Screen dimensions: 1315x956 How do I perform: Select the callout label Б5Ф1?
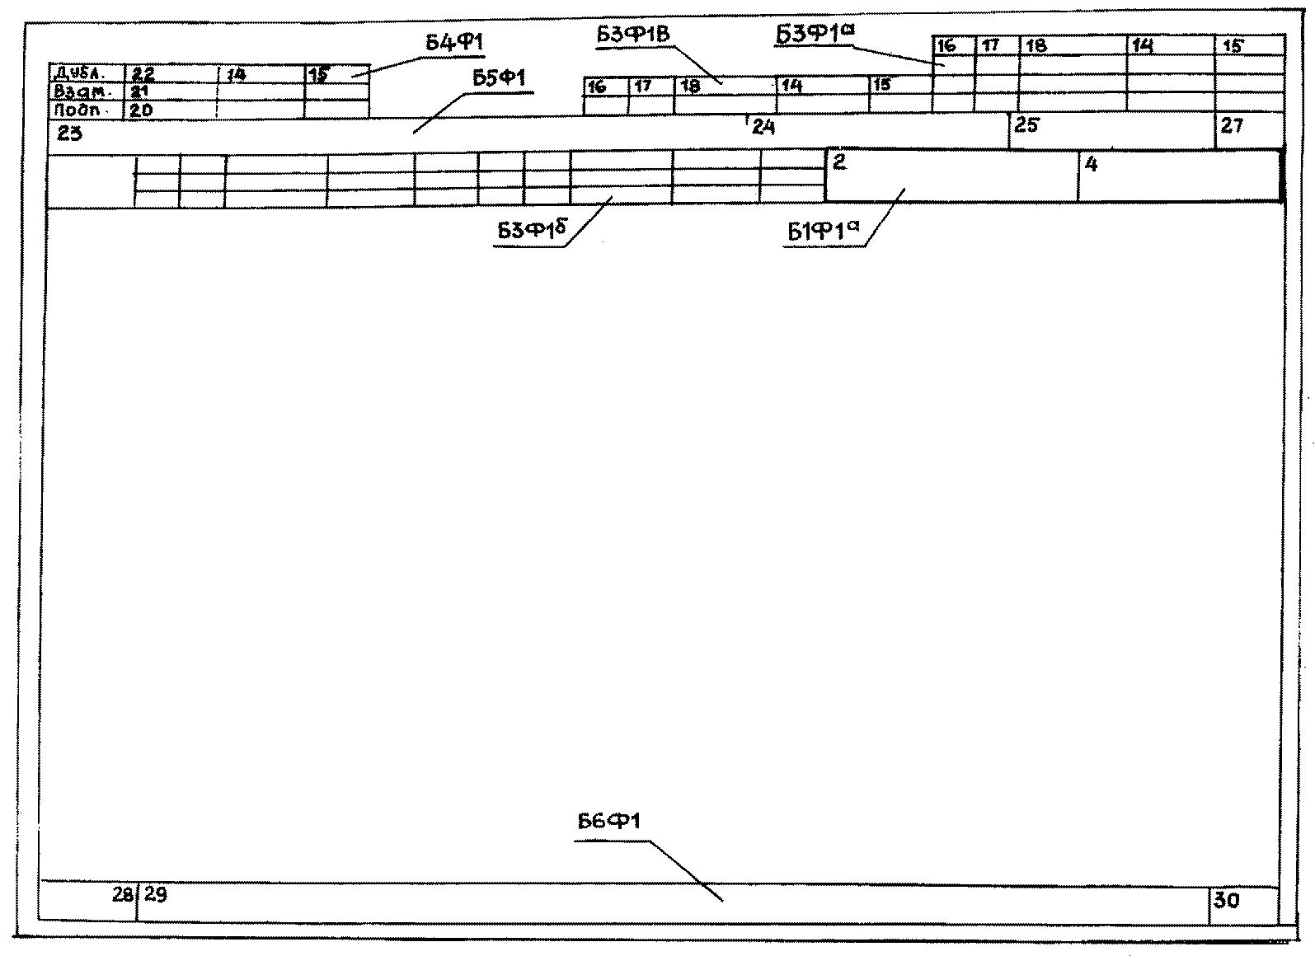499,78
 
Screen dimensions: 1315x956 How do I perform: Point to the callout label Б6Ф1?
609,822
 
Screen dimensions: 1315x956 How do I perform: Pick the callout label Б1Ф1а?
823,232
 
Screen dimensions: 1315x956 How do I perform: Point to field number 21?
139,91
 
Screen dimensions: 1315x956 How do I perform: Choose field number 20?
141,109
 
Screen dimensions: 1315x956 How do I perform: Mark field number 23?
70,133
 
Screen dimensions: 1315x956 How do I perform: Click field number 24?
763,127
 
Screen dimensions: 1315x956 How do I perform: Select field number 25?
1026,126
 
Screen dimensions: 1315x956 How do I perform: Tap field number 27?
1231,126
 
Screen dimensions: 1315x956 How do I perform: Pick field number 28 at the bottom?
123,894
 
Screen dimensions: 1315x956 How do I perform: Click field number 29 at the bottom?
155,894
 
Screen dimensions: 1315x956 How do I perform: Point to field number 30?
1226,901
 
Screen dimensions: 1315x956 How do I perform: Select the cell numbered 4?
1092,165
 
